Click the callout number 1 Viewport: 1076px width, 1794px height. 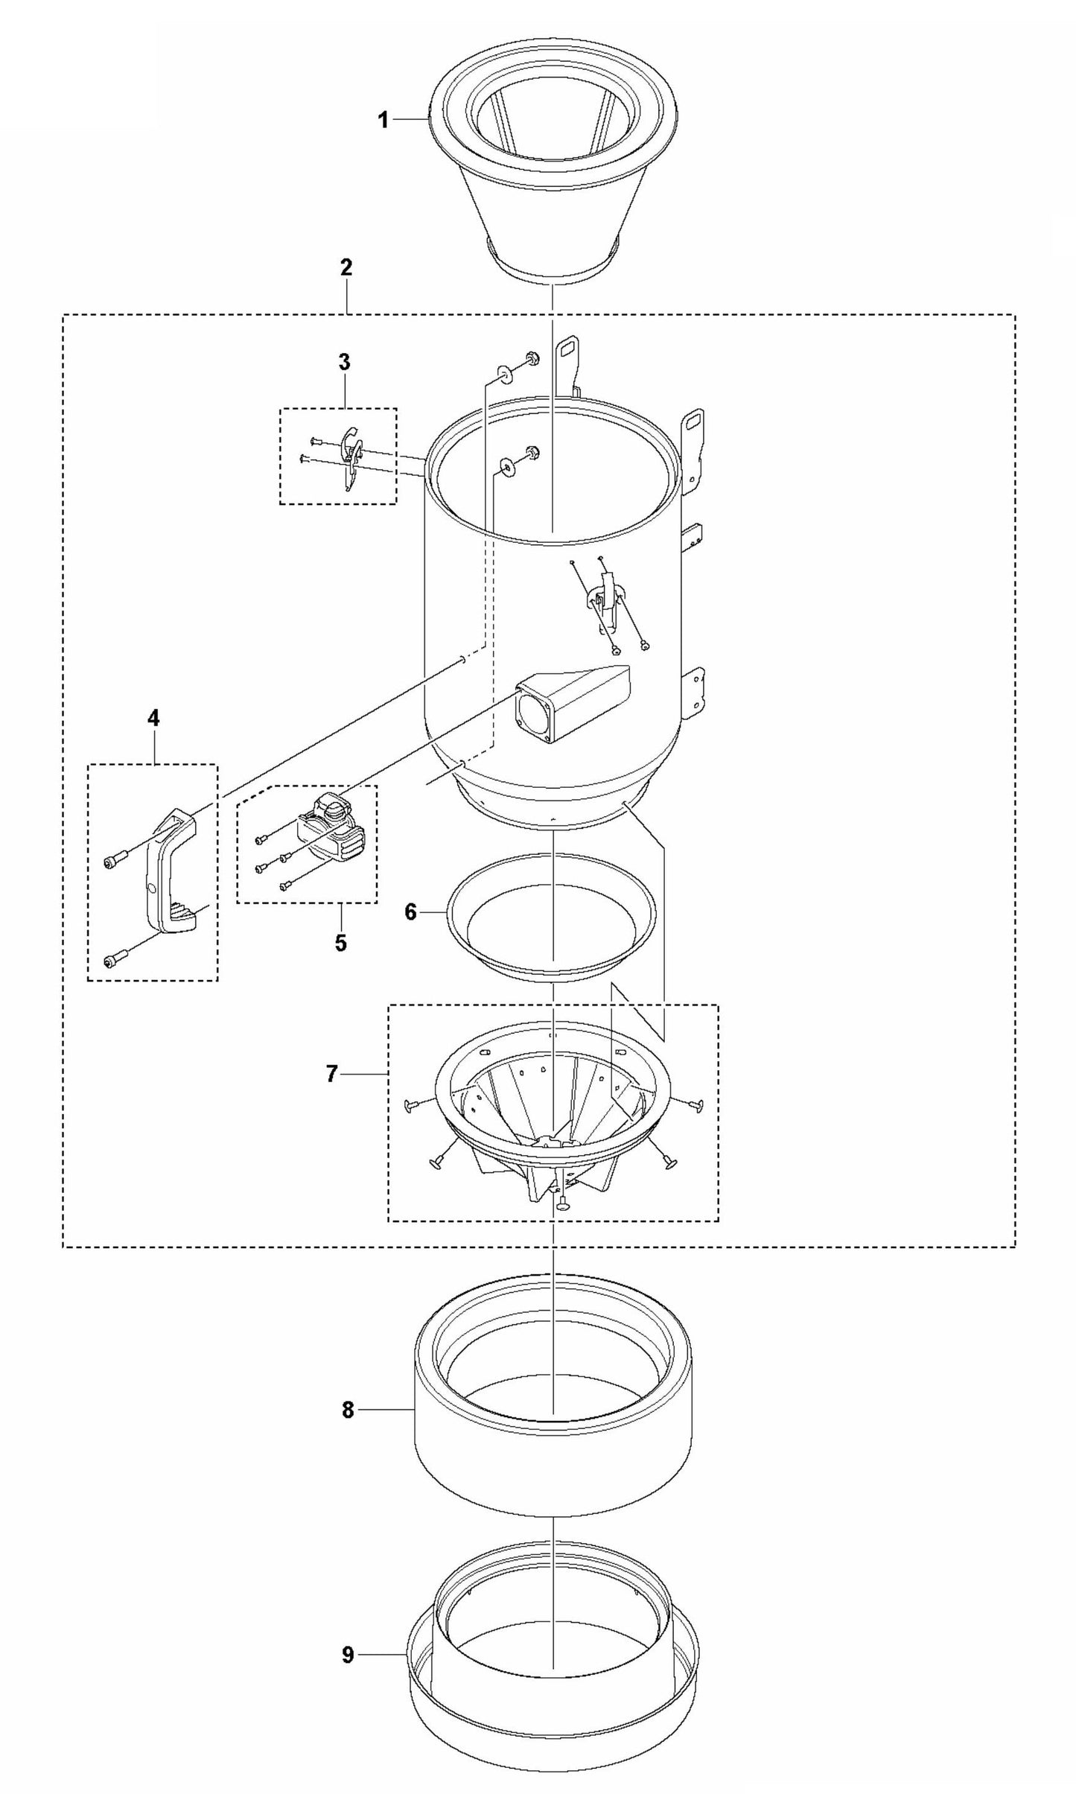pos(383,120)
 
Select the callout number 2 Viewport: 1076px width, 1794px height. pos(346,268)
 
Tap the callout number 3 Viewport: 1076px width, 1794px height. pos(343,363)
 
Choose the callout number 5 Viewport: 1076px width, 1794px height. pos(340,942)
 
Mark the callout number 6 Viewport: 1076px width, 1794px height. pos(410,912)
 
